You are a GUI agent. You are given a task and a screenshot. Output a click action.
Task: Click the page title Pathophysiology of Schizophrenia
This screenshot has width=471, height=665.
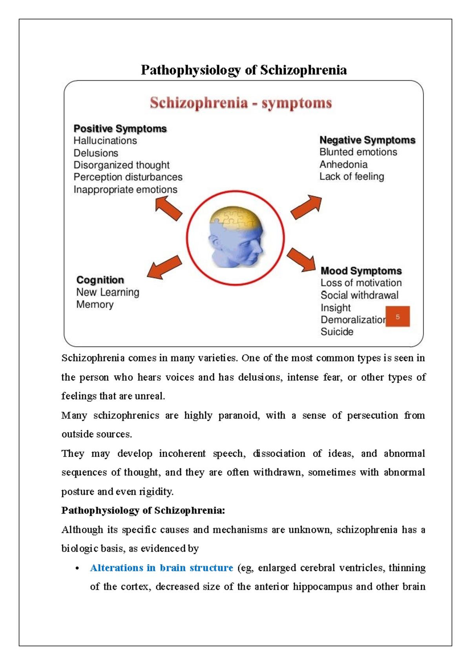click(x=243, y=70)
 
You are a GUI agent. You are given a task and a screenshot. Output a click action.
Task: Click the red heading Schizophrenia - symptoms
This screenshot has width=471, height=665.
click(x=241, y=103)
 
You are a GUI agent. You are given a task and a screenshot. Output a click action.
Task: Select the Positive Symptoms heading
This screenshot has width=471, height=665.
click(x=120, y=129)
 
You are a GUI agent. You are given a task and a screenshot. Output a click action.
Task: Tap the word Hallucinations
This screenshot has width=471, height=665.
click(x=105, y=141)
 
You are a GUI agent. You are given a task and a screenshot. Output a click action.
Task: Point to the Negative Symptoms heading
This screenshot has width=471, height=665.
click(x=367, y=140)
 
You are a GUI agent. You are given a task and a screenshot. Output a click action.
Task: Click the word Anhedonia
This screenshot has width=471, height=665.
click(x=343, y=164)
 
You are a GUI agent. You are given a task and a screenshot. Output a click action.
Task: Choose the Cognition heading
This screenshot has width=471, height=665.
click(x=100, y=280)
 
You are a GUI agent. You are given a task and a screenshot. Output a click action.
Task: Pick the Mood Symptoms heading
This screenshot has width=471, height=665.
click(x=361, y=271)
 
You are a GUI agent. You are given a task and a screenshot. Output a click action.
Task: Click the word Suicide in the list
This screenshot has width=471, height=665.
click(x=337, y=332)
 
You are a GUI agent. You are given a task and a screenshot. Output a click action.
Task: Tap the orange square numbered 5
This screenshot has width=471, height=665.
click(x=398, y=317)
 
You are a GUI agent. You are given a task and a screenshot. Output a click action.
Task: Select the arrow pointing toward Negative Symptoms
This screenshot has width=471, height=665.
click(x=307, y=207)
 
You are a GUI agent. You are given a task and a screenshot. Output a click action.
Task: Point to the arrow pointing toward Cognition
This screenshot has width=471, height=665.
click(x=164, y=268)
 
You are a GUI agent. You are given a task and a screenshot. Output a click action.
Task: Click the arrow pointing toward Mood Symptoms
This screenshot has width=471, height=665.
click(x=301, y=260)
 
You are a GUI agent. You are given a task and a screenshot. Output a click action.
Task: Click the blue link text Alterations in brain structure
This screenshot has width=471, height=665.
click(x=161, y=568)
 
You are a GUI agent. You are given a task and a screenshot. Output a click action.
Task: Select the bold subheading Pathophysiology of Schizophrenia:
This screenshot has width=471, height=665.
click(x=143, y=511)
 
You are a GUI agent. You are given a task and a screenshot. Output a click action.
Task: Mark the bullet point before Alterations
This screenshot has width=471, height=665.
click(x=77, y=569)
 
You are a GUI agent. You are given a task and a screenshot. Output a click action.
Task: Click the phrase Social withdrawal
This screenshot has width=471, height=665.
click(x=359, y=295)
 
